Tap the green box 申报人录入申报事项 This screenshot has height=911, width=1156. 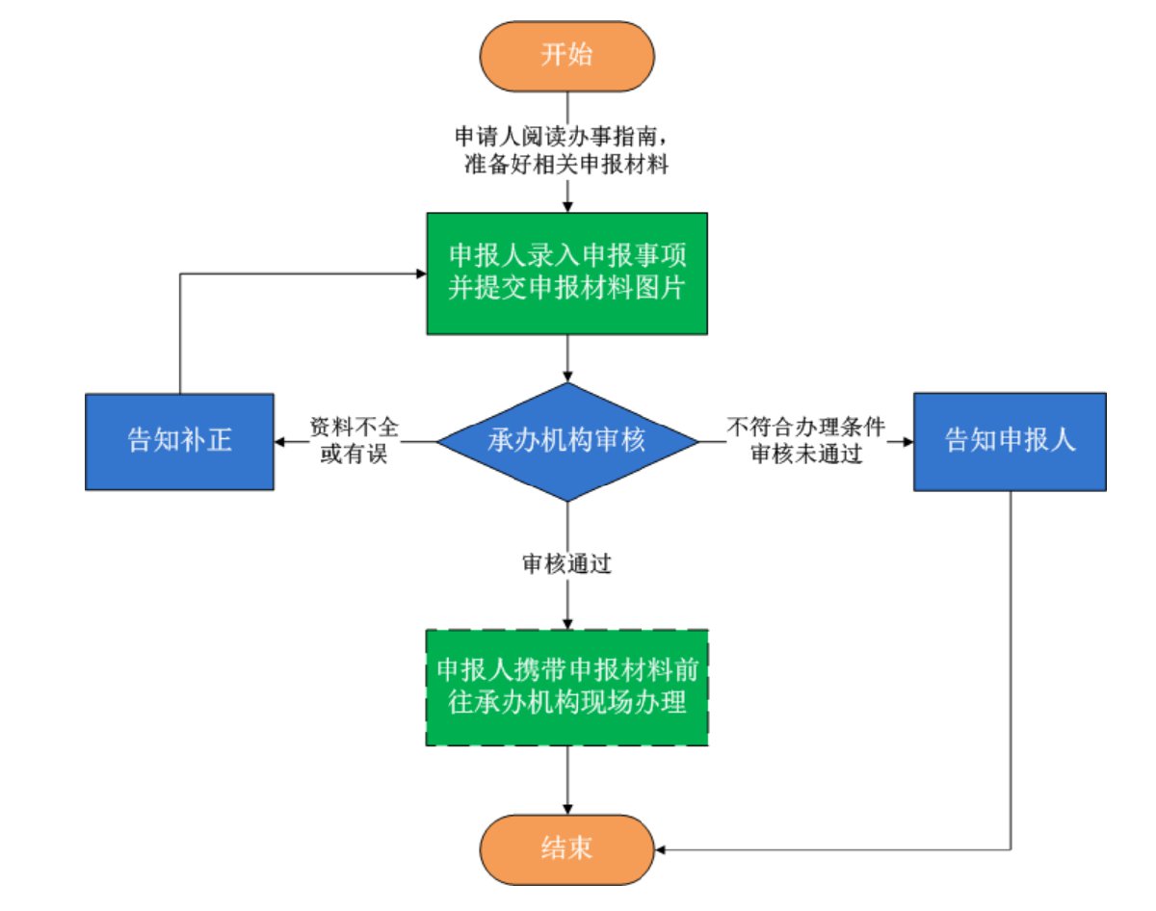[x=567, y=273]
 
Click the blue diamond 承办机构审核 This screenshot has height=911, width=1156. [x=567, y=442]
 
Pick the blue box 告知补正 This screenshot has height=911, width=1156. [x=179, y=442]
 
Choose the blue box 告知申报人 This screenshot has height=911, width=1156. [x=1010, y=442]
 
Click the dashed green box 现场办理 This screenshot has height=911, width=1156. [x=567, y=688]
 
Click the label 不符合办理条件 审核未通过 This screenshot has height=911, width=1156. [x=805, y=442]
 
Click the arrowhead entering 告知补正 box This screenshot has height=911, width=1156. [x=280, y=442]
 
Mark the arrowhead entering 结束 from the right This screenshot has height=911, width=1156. [x=661, y=849]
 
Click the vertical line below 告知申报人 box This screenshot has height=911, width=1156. [x=1010, y=674]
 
